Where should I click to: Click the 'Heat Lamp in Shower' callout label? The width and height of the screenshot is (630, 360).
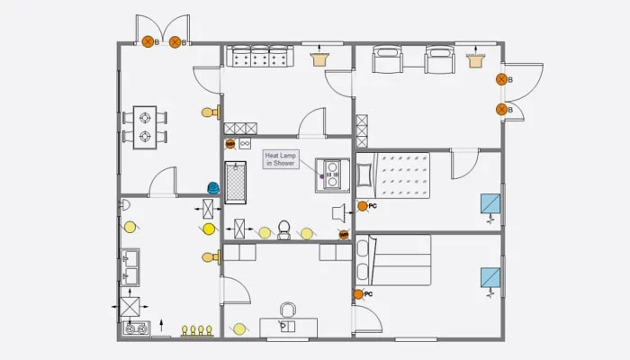tap(279, 159)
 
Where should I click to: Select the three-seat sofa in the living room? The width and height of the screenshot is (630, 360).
tap(258, 57)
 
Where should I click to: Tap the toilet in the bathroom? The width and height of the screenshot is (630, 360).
tap(284, 230)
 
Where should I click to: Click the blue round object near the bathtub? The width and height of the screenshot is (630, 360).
tap(213, 187)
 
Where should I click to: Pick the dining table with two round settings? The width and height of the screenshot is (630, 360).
tap(146, 127)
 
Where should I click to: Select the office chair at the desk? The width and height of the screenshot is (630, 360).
tap(287, 310)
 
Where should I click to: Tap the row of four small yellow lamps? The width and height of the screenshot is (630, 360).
tap(197, 329)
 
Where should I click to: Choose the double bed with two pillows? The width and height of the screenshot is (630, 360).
tap(396, 261)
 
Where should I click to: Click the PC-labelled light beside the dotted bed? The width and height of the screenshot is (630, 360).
tap(363, 206)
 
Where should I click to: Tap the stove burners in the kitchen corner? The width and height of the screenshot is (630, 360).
tap(135, 329)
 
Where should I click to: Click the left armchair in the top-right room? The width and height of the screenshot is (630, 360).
tap(390, 60)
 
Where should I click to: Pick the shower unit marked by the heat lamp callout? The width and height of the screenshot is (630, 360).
tap(332, 174)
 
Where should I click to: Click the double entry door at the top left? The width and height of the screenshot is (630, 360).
tap(163, 29)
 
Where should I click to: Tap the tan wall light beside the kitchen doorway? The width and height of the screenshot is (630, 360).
tap(210, 257)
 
